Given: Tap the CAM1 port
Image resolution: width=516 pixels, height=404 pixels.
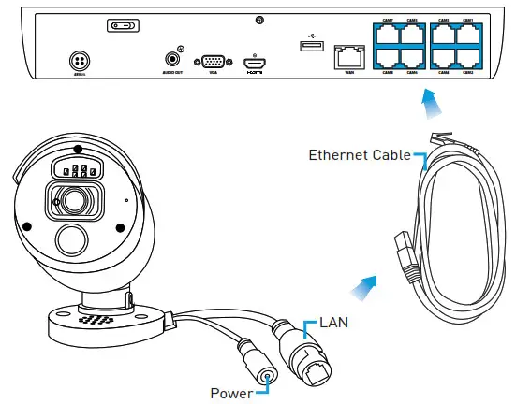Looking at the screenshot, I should [467, 35].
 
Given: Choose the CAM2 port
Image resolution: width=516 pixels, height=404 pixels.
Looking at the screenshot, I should [467, 57].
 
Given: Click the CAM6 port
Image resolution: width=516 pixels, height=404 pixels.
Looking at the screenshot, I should [412, 57].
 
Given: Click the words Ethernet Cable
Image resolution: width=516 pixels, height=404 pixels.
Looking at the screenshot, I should [360, 155].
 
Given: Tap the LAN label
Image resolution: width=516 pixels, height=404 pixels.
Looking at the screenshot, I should [334, 323].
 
